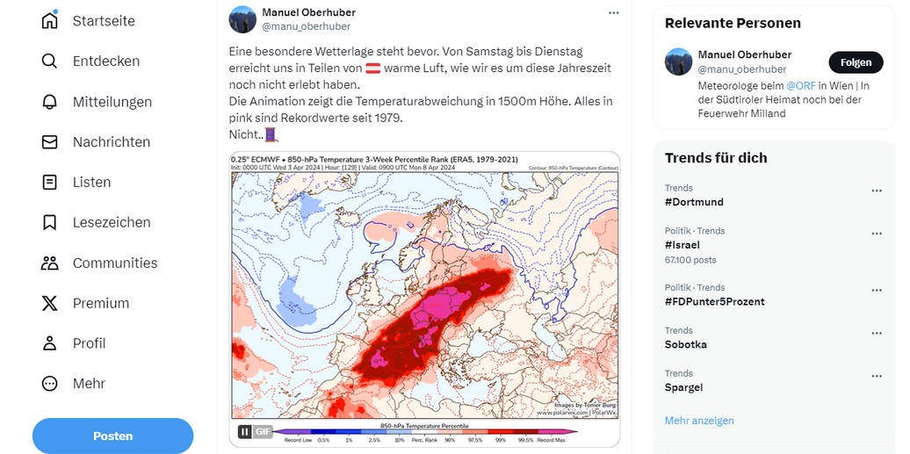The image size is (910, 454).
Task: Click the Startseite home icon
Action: [50, 20]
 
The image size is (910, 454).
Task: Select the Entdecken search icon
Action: [50, 61]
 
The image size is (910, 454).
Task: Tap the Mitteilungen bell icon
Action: [50, 101]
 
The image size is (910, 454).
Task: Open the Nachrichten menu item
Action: [111, 141]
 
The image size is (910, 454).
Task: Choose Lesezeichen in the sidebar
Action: [112, 222]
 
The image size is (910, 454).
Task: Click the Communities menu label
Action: [115, 263]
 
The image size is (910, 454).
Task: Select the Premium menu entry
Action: [101, 303]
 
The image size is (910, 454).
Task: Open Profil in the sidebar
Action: [89, 343]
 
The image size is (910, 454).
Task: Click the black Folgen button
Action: [856, 62]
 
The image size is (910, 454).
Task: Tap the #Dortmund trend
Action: [694, 202]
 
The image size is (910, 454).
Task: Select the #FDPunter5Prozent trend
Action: [714, 301]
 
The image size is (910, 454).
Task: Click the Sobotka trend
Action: [686, 344]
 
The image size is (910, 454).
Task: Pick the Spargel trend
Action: [684, 387]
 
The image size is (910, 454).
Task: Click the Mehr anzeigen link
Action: [699, 421]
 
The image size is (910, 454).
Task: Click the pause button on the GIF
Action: [244, 431]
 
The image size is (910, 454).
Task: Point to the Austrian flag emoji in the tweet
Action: [373, 68]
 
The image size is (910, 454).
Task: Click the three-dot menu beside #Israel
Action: [876, 234]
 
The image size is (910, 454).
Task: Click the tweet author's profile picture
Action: [242, 19]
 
